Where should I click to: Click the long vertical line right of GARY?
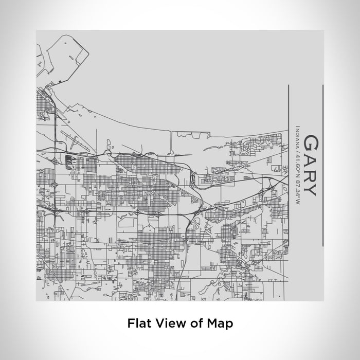coord(322,165)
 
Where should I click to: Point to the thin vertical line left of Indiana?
coord(286,165)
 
